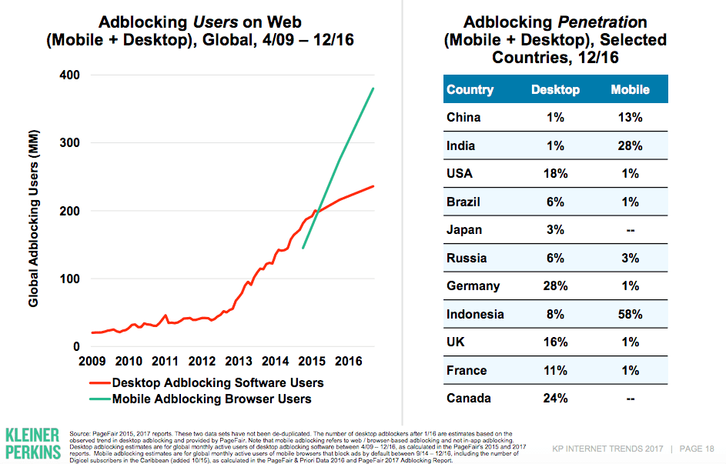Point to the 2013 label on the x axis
pos(239,362)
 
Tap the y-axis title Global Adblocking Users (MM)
pos(34,222)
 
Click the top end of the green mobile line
pos(373,88)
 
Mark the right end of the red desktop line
pos(373,186)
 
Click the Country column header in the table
pos(470,90)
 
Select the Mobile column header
pos(630,90)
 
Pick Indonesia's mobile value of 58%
pos(630,314)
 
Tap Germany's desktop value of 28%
pos(555,286)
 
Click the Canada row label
pos(469,399)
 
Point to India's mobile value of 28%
pos(630,146)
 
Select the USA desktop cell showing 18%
pos(555,174)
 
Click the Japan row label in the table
pos(464,230)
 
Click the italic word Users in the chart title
pos(212,22)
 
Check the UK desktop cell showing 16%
pos(555,342)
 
